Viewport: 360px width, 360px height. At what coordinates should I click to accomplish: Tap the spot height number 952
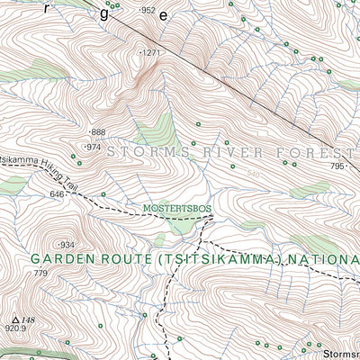click(148, 10)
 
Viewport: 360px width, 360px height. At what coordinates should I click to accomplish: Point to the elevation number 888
click(98, 132)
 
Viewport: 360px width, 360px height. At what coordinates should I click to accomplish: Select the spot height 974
click(93, 147)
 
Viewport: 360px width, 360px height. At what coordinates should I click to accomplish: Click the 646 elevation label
click(58, 193)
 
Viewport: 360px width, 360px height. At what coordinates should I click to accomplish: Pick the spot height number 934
click(67, 245)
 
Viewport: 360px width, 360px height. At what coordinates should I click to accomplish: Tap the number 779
click(40, 273)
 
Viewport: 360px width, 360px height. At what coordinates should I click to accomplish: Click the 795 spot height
click(337, 166)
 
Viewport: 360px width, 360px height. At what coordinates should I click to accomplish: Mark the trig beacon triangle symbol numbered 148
click(16, 318)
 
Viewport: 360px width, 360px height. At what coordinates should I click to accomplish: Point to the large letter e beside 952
click(162, 16)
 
